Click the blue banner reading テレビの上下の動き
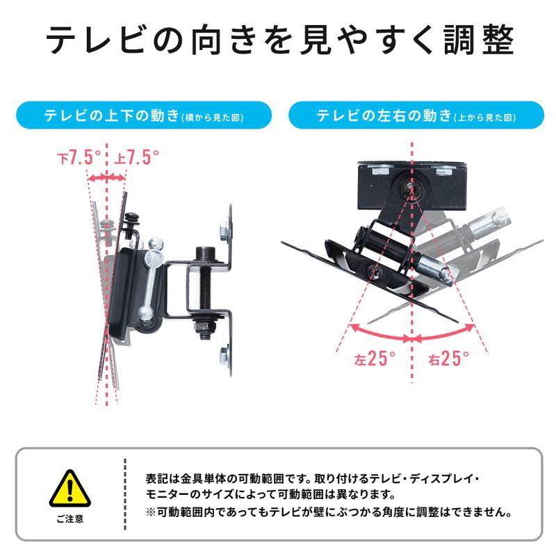pos(142,115)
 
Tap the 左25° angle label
pos(375,359)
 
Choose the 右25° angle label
pos(448,359)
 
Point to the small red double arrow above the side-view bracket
pos(107,179)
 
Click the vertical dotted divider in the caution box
pos(125,495)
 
